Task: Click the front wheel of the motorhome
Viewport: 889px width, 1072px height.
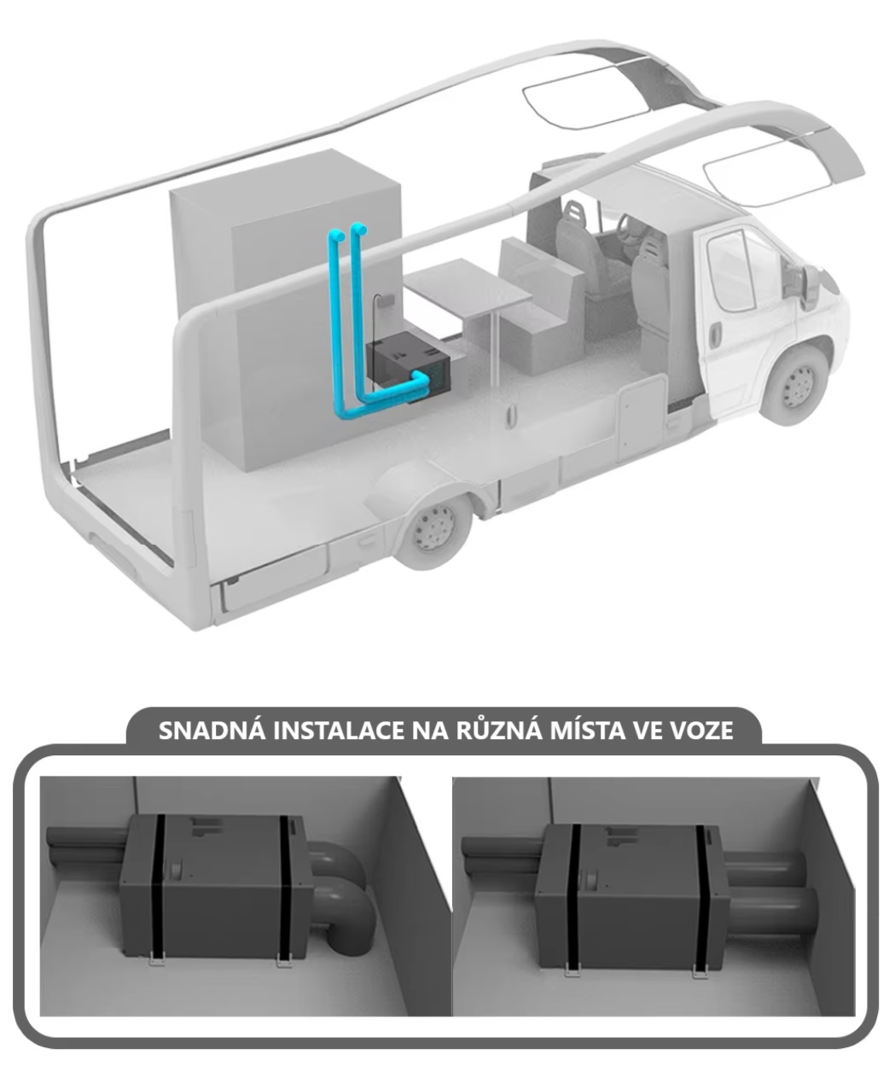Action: [796, 385]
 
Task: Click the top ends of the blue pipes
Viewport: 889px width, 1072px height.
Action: [348, 231]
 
